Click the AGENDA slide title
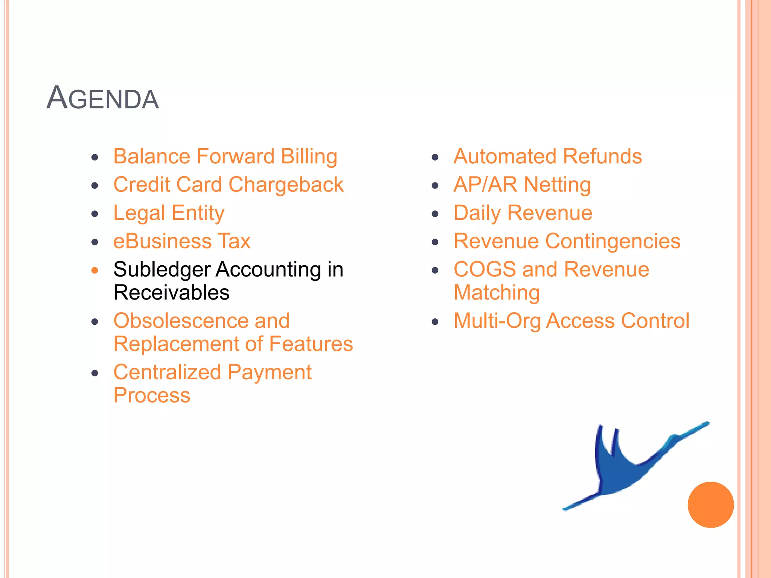pos(102,98)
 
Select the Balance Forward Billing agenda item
pos(225,157)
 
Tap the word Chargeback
pos(286,185)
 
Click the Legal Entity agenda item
pos(169,213)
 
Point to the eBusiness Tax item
pos(182,241)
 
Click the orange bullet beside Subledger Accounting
pos(95,270)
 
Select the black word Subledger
pos(162,269)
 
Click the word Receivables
pos(171,293)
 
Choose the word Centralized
pos(167,373)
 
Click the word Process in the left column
pos(152,395)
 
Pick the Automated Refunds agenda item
pos(547,157)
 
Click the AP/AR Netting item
pos(522,185)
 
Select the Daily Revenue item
pos(523,213)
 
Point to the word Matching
pos(497,293)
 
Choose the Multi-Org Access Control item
pos(571,321)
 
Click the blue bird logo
pos(625,470)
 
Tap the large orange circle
pos(710,505)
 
